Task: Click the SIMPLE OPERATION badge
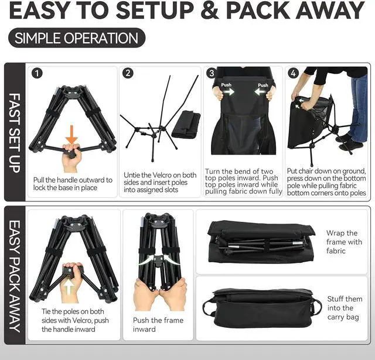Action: (x=76, y=39)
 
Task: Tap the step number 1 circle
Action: (x=37, y=74)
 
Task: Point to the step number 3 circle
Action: (x=212, y=74)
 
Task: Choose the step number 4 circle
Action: (x=293, y=74)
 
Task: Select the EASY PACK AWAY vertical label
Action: (x=15, y=275)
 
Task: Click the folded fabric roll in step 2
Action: (x=186, y=124)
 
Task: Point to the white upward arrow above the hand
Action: (x=71, y=287)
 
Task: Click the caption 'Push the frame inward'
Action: (x=158, y=324)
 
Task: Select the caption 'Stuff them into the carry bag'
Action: (x=345, y=308)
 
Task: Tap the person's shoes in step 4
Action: (x=351, y=142)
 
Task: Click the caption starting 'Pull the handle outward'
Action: (x=73, y=184)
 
